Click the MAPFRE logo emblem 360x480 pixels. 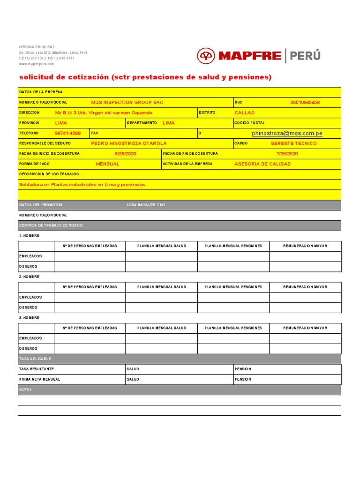click(x=206, y=56)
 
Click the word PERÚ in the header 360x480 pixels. click(x=305, y=56)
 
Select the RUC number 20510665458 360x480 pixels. click(x=305, y=102)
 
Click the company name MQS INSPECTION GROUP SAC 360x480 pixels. click(x=127, y=102)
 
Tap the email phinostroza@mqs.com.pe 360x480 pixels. click(x=287, y=134)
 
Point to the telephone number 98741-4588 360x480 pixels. click(x=67, y=134)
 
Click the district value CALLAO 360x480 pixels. click(x=245, y=113)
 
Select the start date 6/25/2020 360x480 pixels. click(x=125, y=154)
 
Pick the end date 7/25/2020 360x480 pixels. click(x=287, y=154)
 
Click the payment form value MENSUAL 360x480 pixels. click(x=107, y=164)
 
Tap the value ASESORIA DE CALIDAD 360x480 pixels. click(x=262, y=164)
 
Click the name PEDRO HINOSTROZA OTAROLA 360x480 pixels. click(x=128, y=143)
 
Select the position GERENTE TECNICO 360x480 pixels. click(x=293, y=143)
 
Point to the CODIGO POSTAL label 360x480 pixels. click(x=247, y=123)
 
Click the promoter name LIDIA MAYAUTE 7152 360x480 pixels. click(x=146, y=205)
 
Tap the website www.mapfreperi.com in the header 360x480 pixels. click(x=36, y=64)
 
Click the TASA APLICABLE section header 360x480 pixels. click(x=35, y=359)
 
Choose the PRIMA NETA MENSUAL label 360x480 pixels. click(x=39, y=379)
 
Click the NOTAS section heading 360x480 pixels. click(x=25, y=390)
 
